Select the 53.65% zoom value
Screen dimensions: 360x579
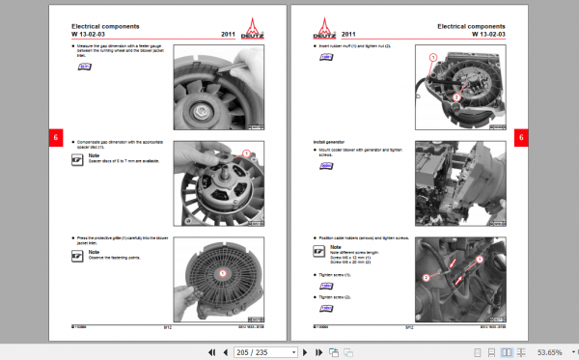(x=550, y=352)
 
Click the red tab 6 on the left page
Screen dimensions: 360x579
(x=55, y=138)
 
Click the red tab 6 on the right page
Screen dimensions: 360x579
(x=521, y=138)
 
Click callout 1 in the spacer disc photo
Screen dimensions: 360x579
(x=246, y=152)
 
